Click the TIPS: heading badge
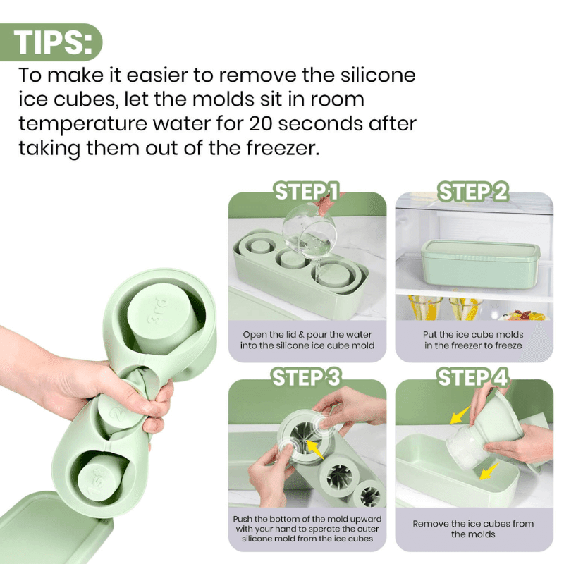53,42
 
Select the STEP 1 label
307,192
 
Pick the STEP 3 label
307,378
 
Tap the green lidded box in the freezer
479,264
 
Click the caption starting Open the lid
307,341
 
